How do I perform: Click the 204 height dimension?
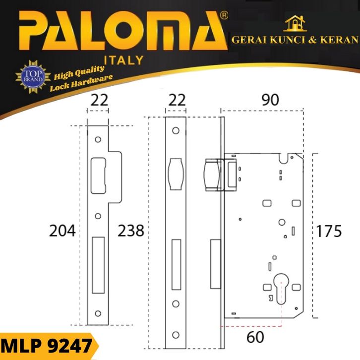point(62,231)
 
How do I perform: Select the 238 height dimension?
point(131,231)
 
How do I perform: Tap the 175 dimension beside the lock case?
point(329,231)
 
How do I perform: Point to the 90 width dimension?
point(270,100)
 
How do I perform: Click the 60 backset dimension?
point(255,337)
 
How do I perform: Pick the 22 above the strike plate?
point(99,100)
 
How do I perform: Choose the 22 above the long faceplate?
point(177,100)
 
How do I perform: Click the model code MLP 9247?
point(47,346)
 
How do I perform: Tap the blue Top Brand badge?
point(33,77)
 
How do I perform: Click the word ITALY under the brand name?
point(124,60)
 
